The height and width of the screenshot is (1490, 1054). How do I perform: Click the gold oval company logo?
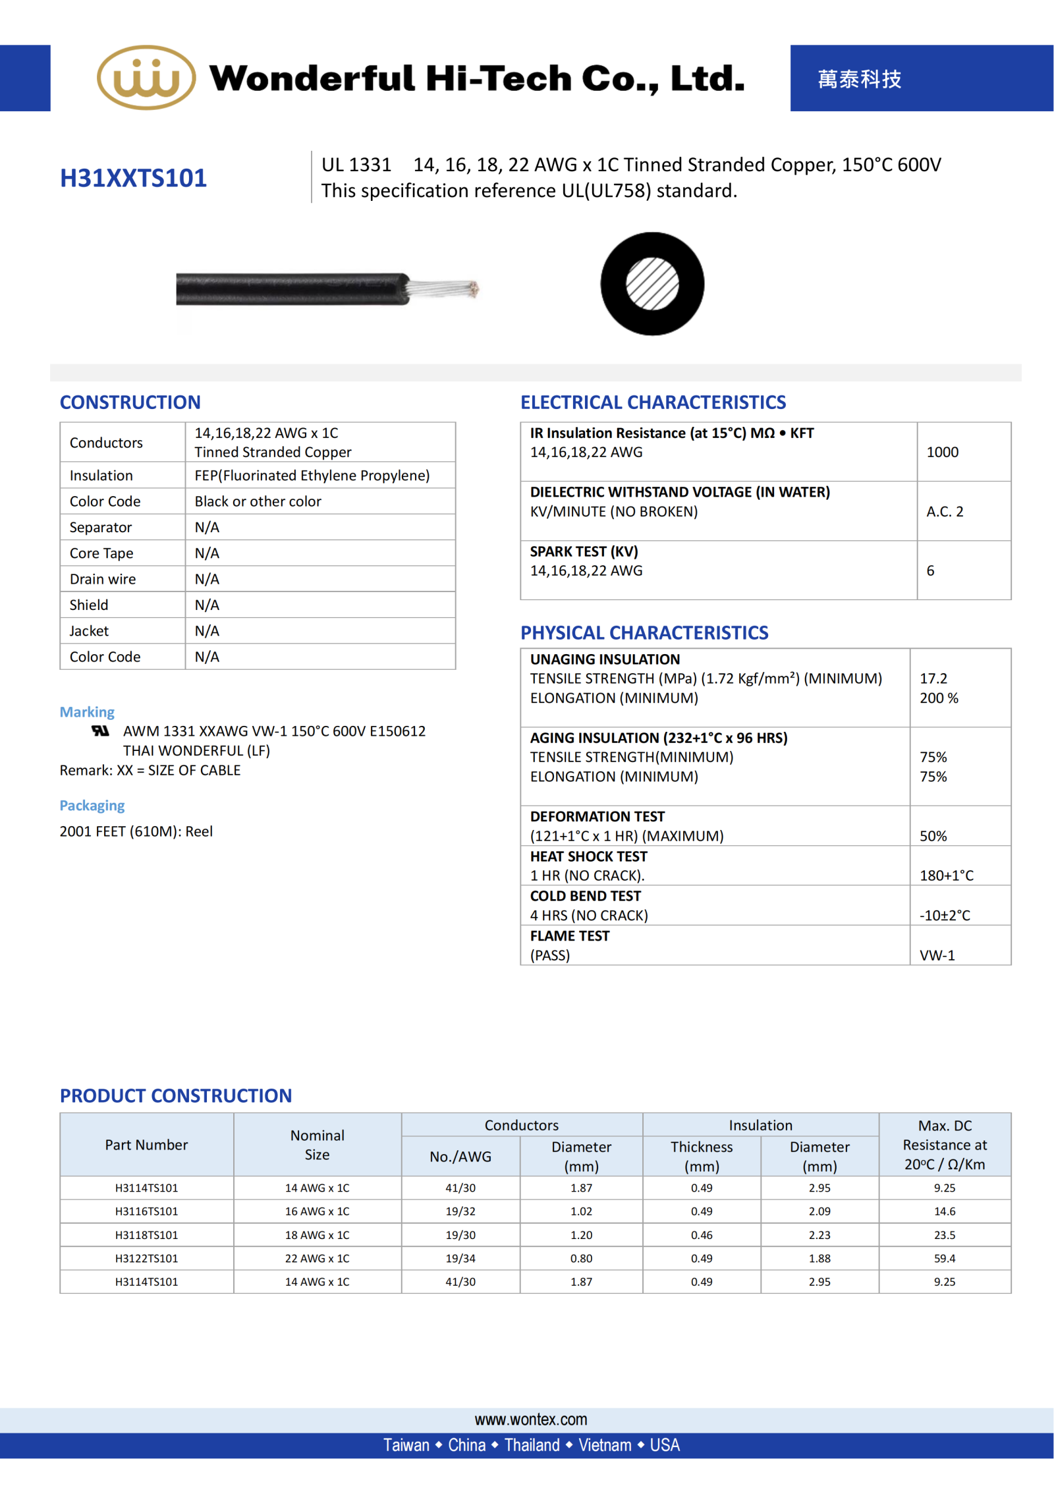146,78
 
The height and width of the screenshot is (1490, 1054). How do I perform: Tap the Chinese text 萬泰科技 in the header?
859,79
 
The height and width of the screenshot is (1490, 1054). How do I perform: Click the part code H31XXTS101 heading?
133,178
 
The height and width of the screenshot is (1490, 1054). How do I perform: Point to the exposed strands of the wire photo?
444,289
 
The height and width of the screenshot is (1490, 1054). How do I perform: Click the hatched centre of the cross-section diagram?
652,284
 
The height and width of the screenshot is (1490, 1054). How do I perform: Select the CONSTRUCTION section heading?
130,402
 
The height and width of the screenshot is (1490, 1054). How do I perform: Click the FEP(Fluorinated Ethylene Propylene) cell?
312,475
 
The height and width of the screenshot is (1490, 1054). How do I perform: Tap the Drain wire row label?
103,579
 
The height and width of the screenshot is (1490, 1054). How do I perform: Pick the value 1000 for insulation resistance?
942,452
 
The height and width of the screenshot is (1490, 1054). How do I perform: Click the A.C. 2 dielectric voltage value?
945,511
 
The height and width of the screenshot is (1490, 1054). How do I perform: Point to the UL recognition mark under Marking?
100,731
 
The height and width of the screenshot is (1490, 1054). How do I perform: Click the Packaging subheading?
92,805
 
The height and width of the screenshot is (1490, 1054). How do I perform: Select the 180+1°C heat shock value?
946,875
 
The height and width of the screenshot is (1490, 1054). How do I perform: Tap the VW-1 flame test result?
937,954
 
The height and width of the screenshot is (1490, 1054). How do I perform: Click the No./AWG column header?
460,1156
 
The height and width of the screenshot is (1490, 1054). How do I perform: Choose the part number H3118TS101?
146,1234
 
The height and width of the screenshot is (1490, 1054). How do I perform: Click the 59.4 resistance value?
944,1258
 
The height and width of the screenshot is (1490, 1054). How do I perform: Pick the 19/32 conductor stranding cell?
460,1211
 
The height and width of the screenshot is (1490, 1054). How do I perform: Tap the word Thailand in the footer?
532,1445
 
